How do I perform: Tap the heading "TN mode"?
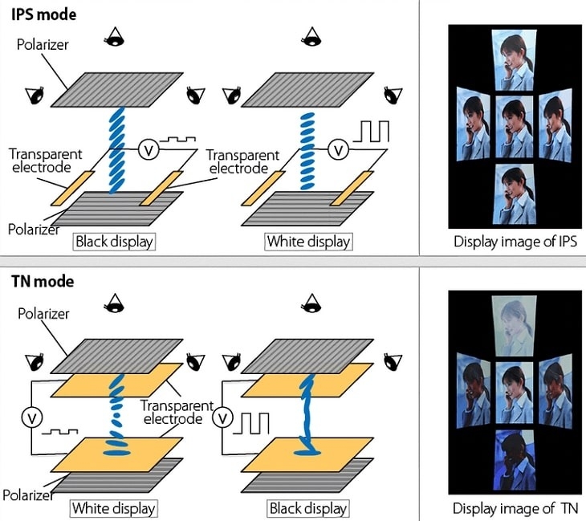tap(41, 282)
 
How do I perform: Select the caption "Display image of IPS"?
tap(514, 241)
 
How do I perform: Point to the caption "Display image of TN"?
tap(514, 507)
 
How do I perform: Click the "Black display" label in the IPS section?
tap(114, 241)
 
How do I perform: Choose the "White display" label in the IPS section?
tap(308, 241)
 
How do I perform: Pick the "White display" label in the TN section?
tap(113, 507)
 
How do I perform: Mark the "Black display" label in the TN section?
tap(308, 507)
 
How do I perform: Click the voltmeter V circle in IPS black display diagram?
tap(146, 149)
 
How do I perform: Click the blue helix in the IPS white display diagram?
tap(307, 153)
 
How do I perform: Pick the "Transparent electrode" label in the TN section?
tap(177, 413)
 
